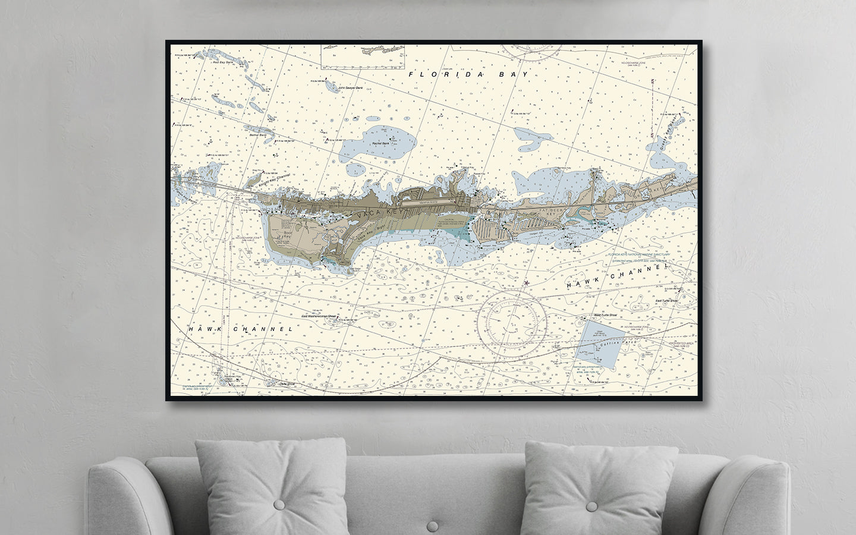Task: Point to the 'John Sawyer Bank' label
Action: (350, 88)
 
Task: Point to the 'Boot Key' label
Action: (288, 234)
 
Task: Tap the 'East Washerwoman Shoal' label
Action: (319, 316)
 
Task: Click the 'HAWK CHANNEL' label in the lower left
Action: (240, 329)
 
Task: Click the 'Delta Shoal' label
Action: (288, 384)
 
